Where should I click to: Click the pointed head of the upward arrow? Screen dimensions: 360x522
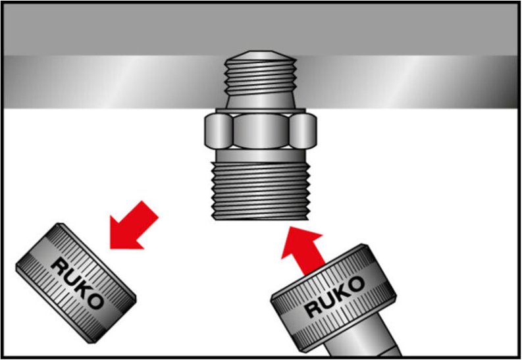(x=294, y=235)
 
